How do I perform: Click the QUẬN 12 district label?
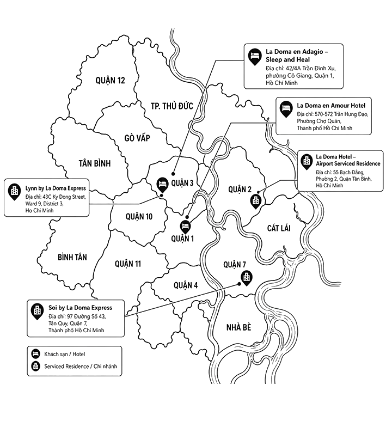coord(110,80)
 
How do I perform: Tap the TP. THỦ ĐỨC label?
coord(172,106)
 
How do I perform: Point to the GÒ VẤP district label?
coord(137,138)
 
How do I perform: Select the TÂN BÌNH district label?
coord(95,163)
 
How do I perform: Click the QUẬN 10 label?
coord(139,216)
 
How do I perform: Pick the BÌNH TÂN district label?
coord(72,257)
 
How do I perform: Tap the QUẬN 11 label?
coord(128,264)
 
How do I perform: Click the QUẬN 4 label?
coord(186,285)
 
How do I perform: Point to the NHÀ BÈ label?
coord(239,327)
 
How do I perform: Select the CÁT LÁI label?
coord(279,228)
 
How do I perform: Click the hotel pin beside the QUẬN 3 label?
coord(162,185)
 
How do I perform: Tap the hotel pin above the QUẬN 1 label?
coord(185,227)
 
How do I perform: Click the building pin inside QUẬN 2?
coord(255,202)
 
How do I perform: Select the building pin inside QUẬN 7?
coord(247,278)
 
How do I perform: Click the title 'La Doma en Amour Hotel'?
coord(331,106)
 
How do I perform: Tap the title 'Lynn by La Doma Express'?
coord(56,188)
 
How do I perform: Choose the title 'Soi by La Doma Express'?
coord(80,308)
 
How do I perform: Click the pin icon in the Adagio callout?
coord(255,57)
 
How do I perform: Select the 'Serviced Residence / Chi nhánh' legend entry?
coord(75,366)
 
